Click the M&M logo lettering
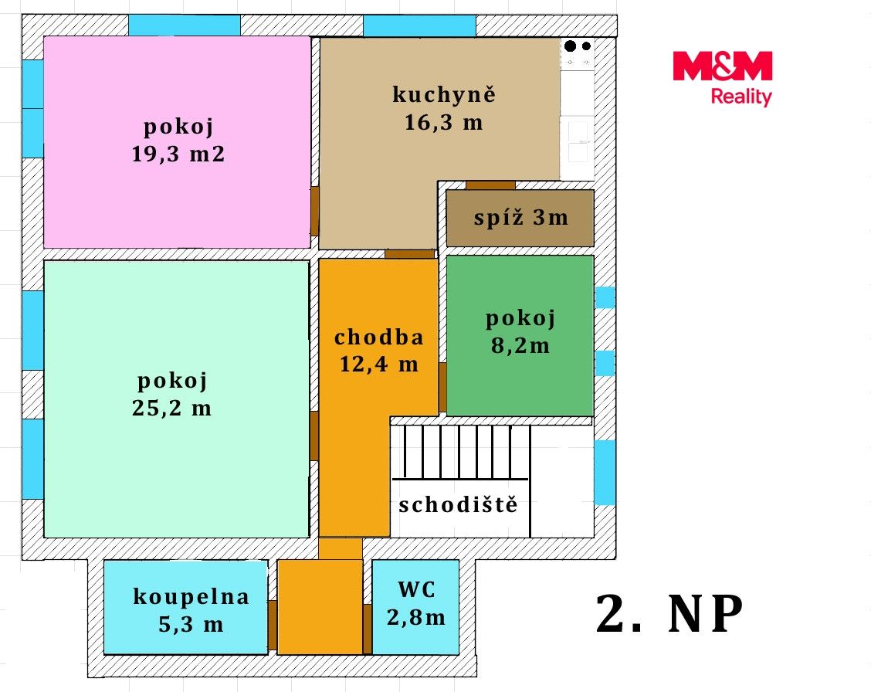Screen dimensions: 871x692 [x=722, y=66]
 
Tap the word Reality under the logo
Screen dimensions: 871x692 [x=741, y=97]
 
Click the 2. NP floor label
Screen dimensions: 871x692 [x=669, y=614]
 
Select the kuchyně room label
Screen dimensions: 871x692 [x=444, y=94]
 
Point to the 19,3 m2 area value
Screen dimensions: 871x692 [x=178, y=154]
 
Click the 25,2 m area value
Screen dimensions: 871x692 [x=172, y=409]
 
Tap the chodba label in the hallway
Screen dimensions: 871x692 [x=379, y=337]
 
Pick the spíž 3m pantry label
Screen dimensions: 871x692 [x=521, y=218]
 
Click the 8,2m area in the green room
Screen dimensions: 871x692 [x=520, y=345]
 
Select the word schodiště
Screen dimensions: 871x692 [x=458, y=504]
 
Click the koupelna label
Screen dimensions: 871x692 [x=191, y=597]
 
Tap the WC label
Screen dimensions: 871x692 [x=417, y=589]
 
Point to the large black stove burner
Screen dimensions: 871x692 [x=570, y=46]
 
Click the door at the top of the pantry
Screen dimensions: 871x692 [x=490, y=185]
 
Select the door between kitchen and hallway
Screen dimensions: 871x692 [x=410, y=254]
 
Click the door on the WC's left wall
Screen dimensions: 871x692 [x=368, y=629]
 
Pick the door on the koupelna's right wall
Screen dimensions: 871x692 [x=272, y=626]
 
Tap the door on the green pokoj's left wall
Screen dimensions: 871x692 [x=442, y=388]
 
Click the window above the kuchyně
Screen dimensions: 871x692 [x=419, y=25]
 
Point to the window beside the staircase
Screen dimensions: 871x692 [x=605, y=473]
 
